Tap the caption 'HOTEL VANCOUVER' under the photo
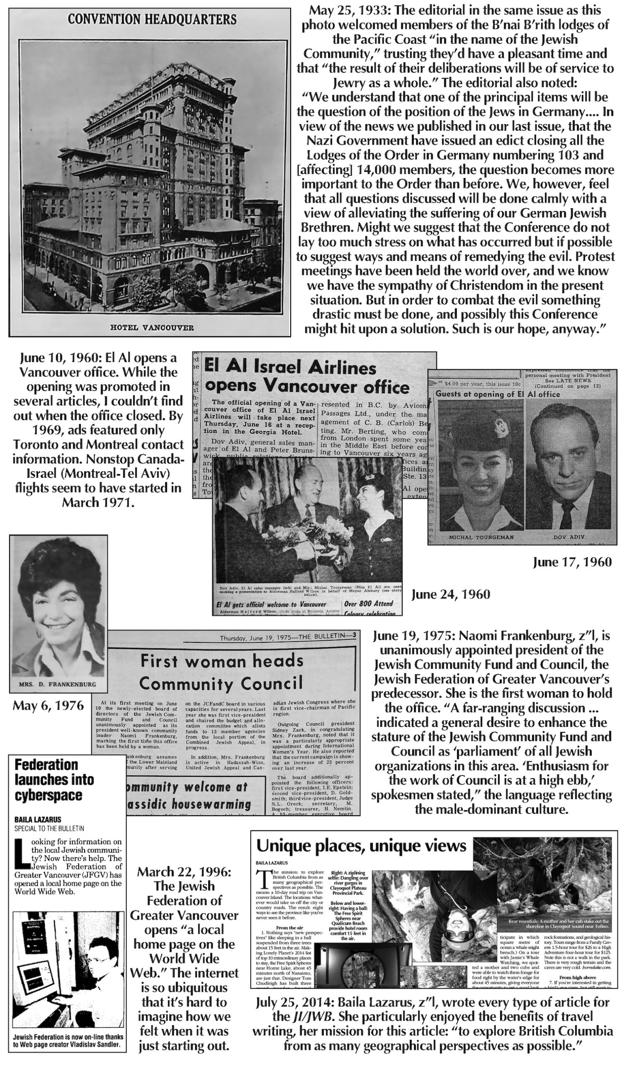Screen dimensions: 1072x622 152,327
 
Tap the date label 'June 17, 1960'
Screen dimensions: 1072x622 572,562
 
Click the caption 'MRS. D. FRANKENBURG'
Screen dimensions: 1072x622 58,685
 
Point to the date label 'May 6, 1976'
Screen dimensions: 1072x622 49,706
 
